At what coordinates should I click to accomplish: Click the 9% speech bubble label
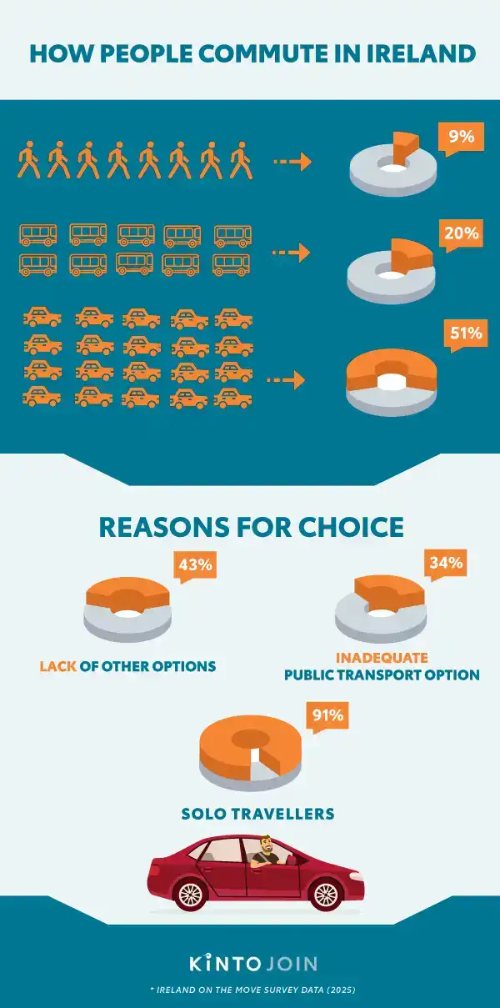[462, 137]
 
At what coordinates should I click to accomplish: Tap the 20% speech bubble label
[462, 233]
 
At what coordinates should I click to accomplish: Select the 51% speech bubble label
[466, 333]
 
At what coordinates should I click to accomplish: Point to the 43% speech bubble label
[195, 564]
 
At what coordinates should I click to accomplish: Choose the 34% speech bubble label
[446, 563]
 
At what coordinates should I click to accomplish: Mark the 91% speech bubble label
[327, 715]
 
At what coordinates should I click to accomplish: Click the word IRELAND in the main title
[421, 53]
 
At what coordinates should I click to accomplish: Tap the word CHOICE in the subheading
[351, 527]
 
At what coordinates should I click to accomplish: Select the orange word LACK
[57, 666]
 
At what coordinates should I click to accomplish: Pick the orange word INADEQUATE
[382, 658]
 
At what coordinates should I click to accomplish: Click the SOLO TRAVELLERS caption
[257, 814]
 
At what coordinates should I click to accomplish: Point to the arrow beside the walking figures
[292, 162]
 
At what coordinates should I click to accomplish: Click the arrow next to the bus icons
[291, 253]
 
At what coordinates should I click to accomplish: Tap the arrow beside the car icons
[286, 380]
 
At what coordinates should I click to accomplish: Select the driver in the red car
[266, 852]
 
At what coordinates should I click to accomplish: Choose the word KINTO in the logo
[225, 964]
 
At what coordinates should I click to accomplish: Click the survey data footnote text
[252, 990]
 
